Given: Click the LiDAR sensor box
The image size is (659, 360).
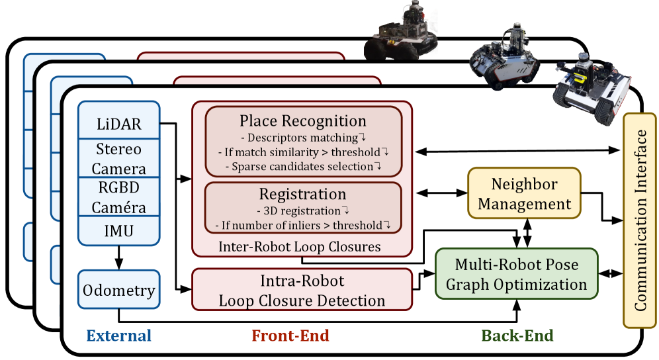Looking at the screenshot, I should pyautogui.click(x=118, y=122).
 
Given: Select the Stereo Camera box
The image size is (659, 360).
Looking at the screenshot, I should pyautogui.click(x=118, y=158).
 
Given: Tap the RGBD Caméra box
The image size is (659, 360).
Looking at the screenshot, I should pyautogui.click(x=118, y=197).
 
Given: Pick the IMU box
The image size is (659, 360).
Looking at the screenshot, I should pyautogui.click(x=118, y=231).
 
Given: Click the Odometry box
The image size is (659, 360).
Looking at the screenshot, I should pyautogui.click(x=118, y=289).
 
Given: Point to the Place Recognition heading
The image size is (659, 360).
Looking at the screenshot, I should pyautogui.click(x=302, y=120).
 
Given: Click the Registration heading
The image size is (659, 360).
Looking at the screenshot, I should pyautogui.click(x=302, y=194).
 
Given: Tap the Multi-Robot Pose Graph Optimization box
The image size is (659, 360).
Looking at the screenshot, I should pyautogui.click(x=516, y=275).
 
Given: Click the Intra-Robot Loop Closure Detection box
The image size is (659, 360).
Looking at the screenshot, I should pyautogui.click(x=302, y=290).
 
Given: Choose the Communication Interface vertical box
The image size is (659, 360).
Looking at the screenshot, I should pyautogui.click(x=640, y=220).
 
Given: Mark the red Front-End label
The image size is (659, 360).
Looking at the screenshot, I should pyautogui.click(x=290, y=336).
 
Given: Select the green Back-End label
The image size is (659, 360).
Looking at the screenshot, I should pyautogui.click(x=517, y=336).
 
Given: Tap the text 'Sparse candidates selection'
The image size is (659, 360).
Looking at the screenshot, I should pyautogui.click(x=302, y=166).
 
